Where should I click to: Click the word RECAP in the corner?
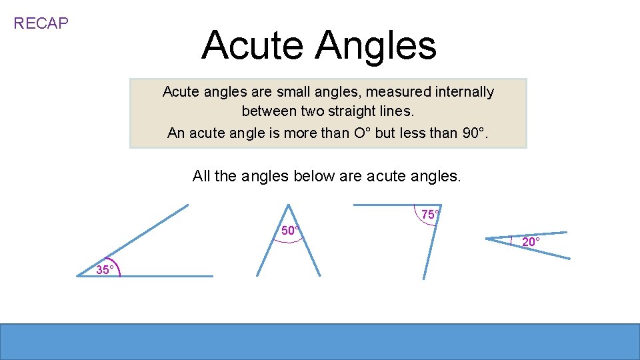point(41,23)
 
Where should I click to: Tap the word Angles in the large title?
point(376,45)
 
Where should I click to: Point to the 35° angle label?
point(106,270)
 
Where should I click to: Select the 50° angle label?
point(290,231)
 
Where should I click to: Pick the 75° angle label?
point(430,215)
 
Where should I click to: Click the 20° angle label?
point(531,242)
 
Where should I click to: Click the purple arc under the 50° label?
point(289,241)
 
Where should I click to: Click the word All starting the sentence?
point(201,176)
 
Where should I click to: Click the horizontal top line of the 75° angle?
point(387,204)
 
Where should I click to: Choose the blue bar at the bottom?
point(320,341)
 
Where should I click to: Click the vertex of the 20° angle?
point(487,238)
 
